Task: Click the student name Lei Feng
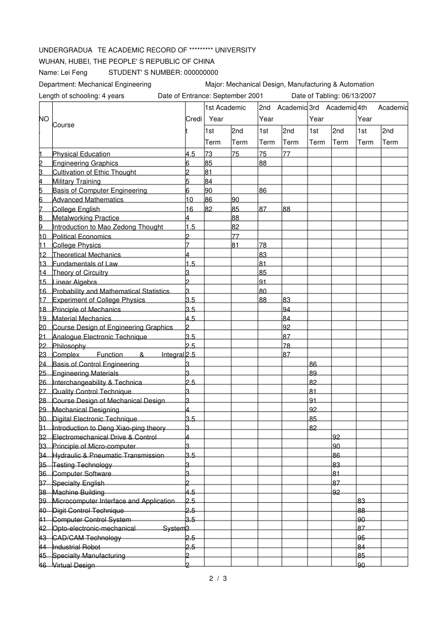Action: tap(73, 72)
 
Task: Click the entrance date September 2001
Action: tap(238, 95)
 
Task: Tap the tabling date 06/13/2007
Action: tap(358, 95)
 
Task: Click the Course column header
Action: tap(63, 125)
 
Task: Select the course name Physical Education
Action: tap(81, 154)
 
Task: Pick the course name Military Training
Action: tap(76, 181)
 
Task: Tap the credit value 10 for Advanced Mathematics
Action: tap(189, 200)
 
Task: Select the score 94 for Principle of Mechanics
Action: tap(286, 310)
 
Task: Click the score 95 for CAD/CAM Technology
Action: tap(361, 538)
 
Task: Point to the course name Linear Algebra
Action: tap(75, 282)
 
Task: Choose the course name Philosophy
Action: tap(69, 346)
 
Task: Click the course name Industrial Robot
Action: tap(76, 547)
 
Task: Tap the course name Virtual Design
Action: tap(73, 565)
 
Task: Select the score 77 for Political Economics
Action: tap(235, 237)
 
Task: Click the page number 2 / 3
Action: tap(218, 578)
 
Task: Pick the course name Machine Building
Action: tap(78, 492)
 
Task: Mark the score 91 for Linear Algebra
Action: tap(263, 282)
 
